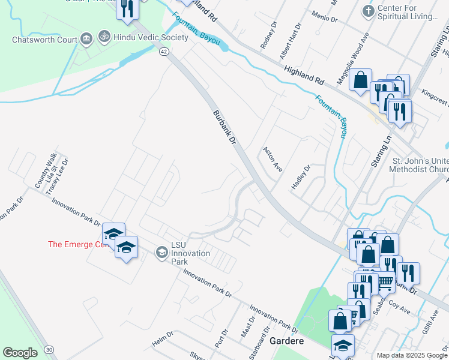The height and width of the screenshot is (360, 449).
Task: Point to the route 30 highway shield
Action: tap(48, 349)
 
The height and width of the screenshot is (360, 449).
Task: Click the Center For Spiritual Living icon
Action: tap(368, 11)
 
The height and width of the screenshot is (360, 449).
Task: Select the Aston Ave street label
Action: tap(271, 158)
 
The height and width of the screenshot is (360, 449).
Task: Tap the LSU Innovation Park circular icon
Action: tap(161, 253)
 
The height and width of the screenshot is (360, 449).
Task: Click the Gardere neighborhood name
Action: tap(286, 340)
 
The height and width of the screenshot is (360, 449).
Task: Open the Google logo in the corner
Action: tap(20, 353)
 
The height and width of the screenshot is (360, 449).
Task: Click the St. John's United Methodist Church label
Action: tap(420, 166)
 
